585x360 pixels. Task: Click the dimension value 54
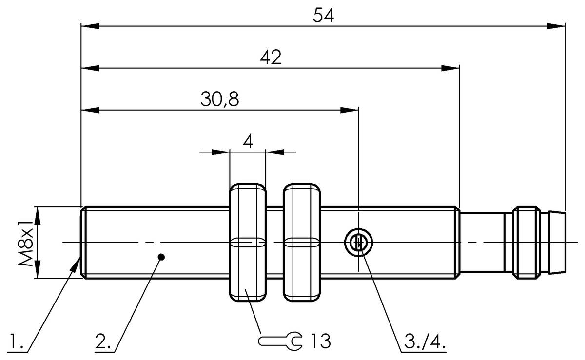(x=324, y=15)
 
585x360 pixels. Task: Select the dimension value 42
(x=270, y=57)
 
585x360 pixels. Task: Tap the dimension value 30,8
(x=219, y=99)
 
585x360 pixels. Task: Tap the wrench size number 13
(x=320, y=341)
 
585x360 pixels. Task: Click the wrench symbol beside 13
(x=280, y=341)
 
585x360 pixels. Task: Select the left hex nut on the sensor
(x=248, y=243)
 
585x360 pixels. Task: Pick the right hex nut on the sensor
(x=302, y=243)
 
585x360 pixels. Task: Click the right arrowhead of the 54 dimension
(x=557, y=26)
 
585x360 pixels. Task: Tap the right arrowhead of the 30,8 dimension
(x=350, y=110)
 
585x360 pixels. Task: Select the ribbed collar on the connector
(x=526, y=243)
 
